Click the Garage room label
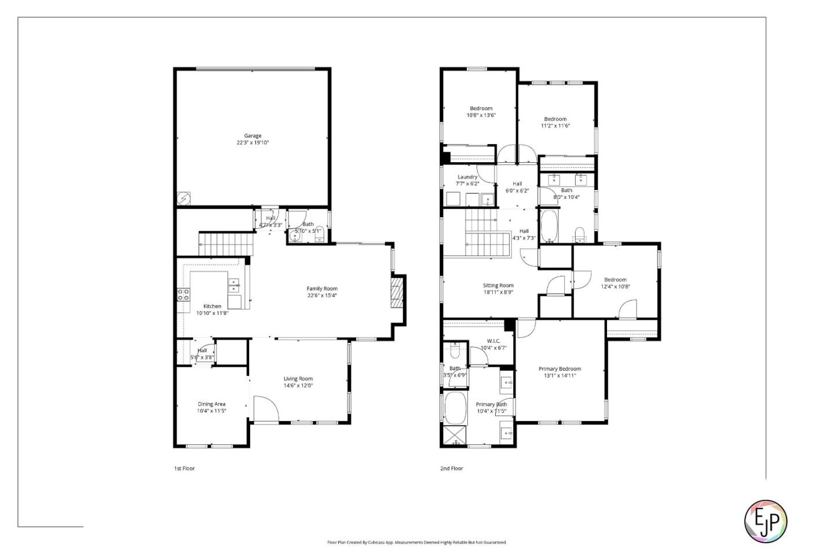point(253,136)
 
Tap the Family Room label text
point(322,288)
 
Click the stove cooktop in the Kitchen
point(183,294)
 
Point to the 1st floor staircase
point(226,244)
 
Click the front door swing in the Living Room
point(265,409)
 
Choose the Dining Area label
point(211,404)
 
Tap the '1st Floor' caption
point(184,469)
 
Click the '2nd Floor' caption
point(452,469)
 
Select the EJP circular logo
point(765,521)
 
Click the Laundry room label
point(467,177)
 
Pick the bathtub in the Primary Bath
point(455,408)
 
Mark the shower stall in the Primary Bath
point(455,435)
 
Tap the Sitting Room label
point(498,286)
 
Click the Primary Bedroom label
point(559,369)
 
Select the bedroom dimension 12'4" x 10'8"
point(615,287)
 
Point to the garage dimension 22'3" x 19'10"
point(253,143)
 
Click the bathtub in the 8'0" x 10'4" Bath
point(548,226)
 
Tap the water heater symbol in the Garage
point(184,199)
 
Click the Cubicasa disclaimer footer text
point(417,543)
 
